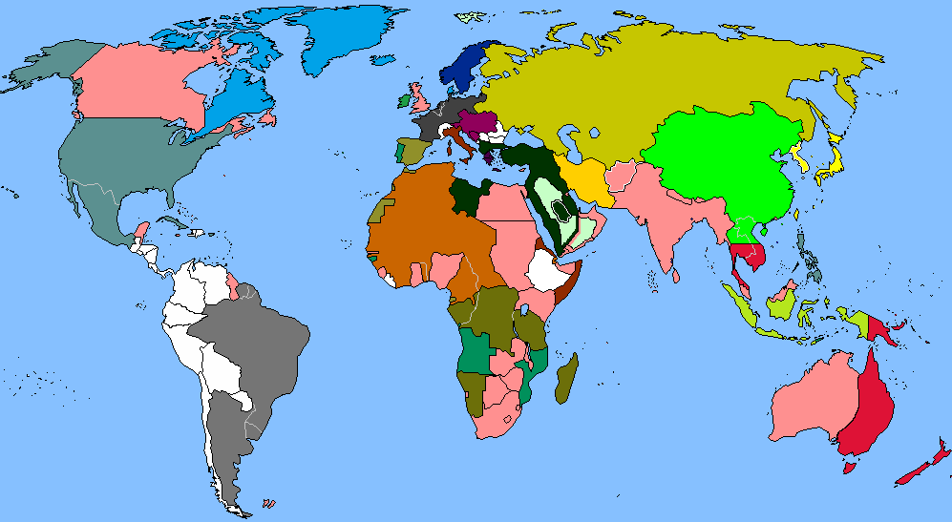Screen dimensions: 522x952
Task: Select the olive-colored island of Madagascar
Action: (x=566, y=377)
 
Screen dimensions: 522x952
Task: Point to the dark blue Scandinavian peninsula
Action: (x=465, y=67)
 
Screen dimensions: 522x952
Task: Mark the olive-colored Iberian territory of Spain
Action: (x=413, y=151)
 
